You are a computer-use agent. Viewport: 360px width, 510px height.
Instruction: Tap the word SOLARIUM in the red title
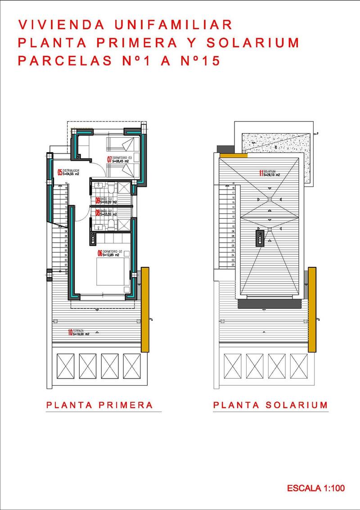click(253, 43)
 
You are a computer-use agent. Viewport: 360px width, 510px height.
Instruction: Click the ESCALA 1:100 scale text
click(316, 488)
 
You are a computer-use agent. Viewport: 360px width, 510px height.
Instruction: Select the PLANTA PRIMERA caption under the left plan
click(100, 405)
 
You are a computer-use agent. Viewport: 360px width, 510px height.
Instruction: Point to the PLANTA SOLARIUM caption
click(270, 405)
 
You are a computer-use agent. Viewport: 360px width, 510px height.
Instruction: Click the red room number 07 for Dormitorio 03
click(109, 159)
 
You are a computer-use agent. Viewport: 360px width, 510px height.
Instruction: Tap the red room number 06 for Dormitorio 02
click(100, 253)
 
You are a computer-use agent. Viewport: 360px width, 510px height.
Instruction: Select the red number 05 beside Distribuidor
click(59, 172)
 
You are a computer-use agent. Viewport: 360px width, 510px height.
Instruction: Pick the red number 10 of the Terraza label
click(70, 333)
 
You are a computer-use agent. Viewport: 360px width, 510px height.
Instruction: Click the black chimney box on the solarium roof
click(260, 238)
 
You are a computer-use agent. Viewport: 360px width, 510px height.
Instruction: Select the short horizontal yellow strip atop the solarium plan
click(234, 155)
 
